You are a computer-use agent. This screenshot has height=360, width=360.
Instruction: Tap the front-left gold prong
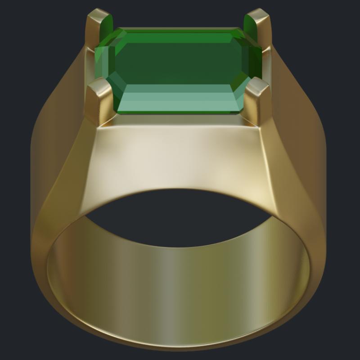(x=100, y=101)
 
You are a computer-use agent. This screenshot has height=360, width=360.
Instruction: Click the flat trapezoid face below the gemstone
(x=180, y=157)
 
